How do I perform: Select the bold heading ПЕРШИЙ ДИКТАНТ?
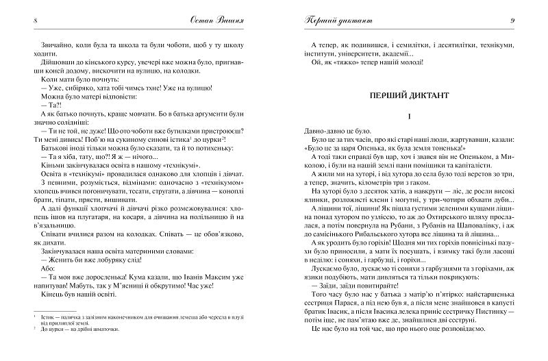[x=408, y=97]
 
